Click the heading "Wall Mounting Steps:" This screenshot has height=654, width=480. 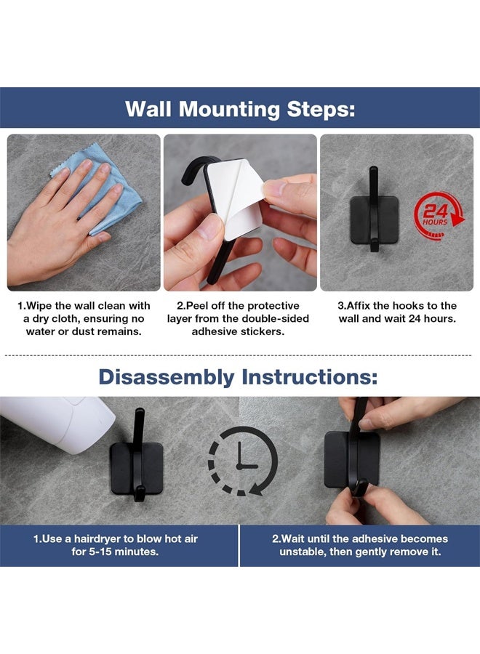(x=240, y=108)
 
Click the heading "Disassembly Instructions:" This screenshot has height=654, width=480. (x=239, y=376)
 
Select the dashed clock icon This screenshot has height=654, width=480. (x=243, y=461)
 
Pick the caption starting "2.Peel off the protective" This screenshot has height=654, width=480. (x=239, y=318)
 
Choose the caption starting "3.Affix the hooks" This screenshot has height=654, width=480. (x=398, y=312)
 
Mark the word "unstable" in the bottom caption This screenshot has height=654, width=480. (x=305, y=552)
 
